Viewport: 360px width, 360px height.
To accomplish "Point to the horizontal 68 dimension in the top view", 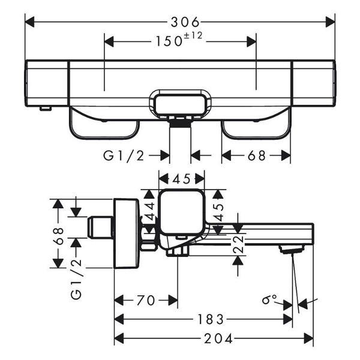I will click(x=256, y=156).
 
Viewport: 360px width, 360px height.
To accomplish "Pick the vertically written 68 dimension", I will click(x=58, y=235).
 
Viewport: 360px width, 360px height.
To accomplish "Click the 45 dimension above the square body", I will click(x=181, y=179).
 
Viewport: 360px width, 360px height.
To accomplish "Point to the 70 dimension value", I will click(x=146, y=300).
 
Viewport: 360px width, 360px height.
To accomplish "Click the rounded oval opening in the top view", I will click(x=181, y=105).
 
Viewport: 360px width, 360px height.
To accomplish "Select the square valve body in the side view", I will click(x=182, y=211).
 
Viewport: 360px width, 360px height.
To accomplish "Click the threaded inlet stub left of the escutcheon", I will click(x=97, y=227).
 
